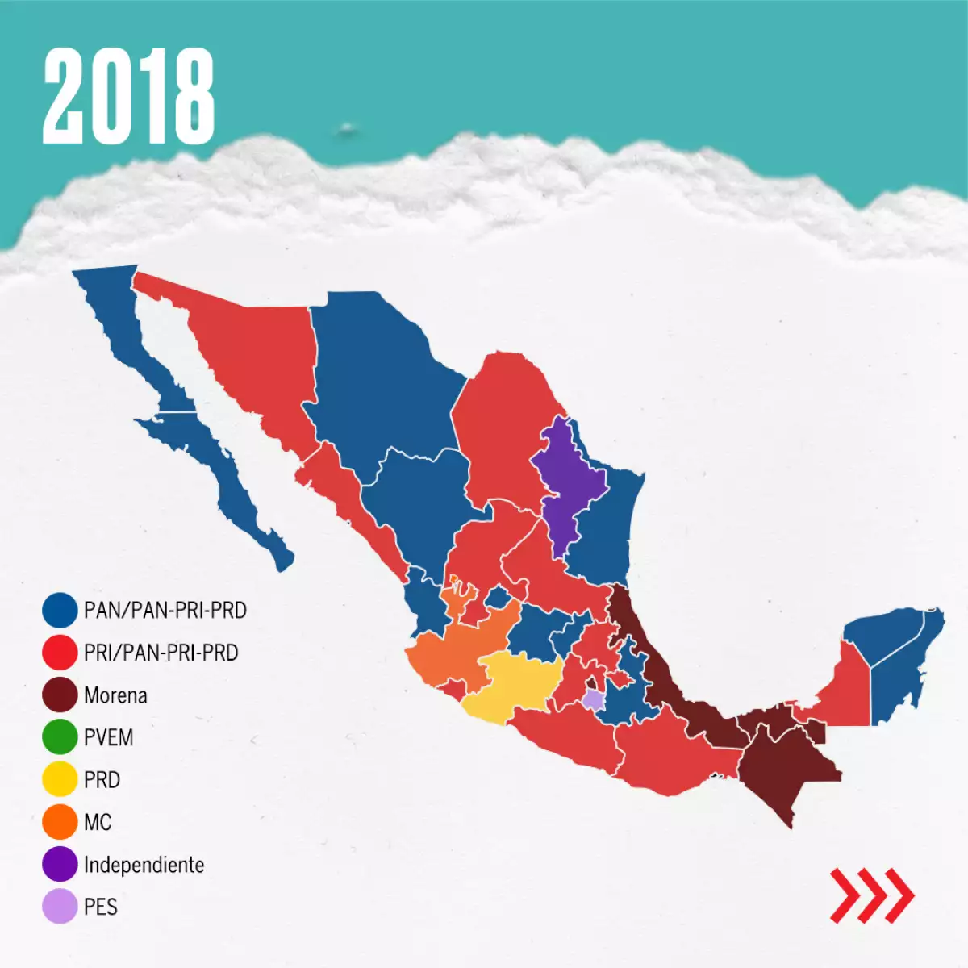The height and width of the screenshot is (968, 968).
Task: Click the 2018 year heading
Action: pyautogui.click(x=129, y=95)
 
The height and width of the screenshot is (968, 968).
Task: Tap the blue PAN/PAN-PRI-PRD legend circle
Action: pyautogui.click(x=60, y=611)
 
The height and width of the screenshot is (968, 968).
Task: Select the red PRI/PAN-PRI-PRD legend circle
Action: pyautogui.click(x=60, y=653)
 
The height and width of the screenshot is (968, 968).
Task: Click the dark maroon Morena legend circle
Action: pyautogui.click(x=60, y=695)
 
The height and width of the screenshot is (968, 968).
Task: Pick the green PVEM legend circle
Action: pyautogui.click(x=60, y=737)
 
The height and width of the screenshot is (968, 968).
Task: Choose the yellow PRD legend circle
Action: pyautogui.click(x=60, y=780)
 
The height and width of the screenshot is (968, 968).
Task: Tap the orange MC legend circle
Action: pyautogui.click(x=60, y=822)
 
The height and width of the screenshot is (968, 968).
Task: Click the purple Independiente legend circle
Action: pyautogui.click(x=60, y=865)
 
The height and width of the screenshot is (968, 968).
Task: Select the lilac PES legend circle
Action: pyautogui.click(x=60, y=907)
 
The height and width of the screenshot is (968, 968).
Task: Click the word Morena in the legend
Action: pyautogui.click(x=115, y=695)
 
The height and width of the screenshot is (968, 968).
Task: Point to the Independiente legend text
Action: pyautogui.click(x=144, y=865)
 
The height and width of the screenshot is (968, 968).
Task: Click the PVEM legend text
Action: pyautogui.click(x=108, y=737)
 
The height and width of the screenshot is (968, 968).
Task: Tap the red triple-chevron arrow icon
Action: pyautogui.click(x=872, y=895)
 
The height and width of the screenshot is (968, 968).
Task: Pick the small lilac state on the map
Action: pyautogui.click(x=593, y=699)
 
